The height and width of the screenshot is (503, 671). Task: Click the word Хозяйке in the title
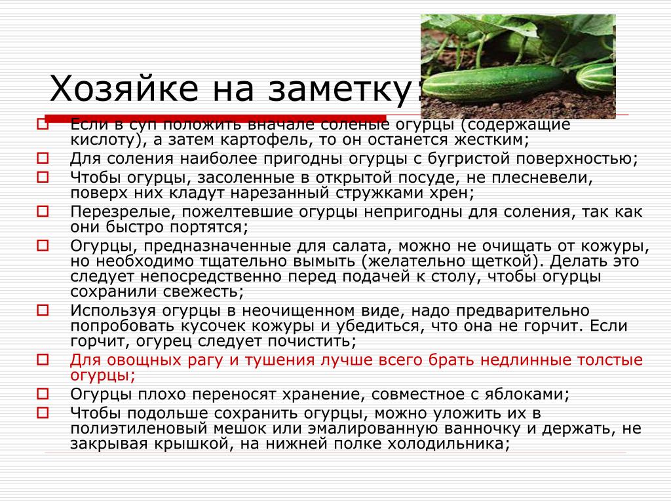click(124, 88)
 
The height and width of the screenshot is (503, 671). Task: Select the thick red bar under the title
click(215, 118)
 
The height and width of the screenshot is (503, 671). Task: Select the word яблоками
click(527, 394)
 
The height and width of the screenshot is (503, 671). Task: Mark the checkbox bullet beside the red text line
click(43, 360)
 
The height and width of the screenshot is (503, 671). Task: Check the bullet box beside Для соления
click(43, 158)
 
